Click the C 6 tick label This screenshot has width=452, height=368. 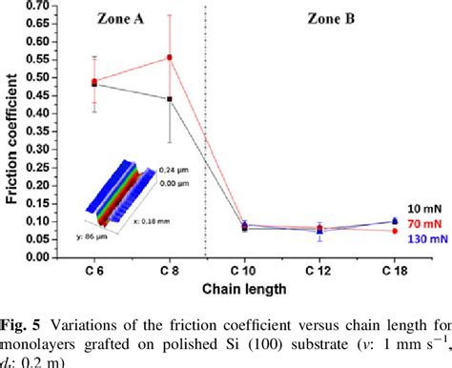coord(93,272)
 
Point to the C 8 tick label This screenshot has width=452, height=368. coord(170,272)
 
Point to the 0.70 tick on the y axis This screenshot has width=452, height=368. coord(37,7)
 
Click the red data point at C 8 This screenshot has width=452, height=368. coord(170,57)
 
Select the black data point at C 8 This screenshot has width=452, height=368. coord(170,99)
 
